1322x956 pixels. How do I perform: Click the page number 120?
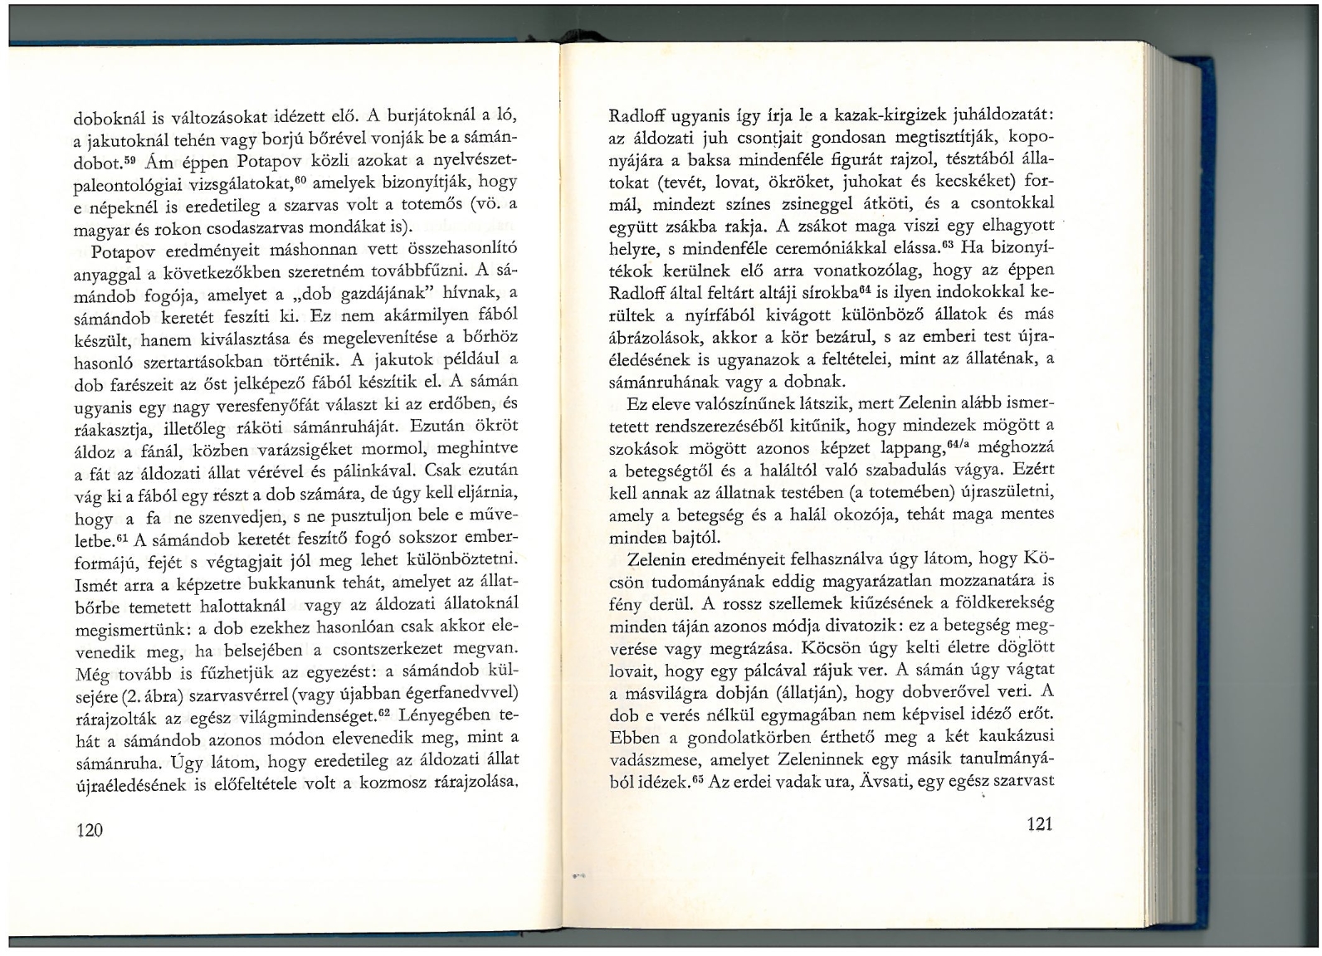click(x=89, y=829)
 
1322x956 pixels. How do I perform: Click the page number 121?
click(x=1039, y=823)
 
